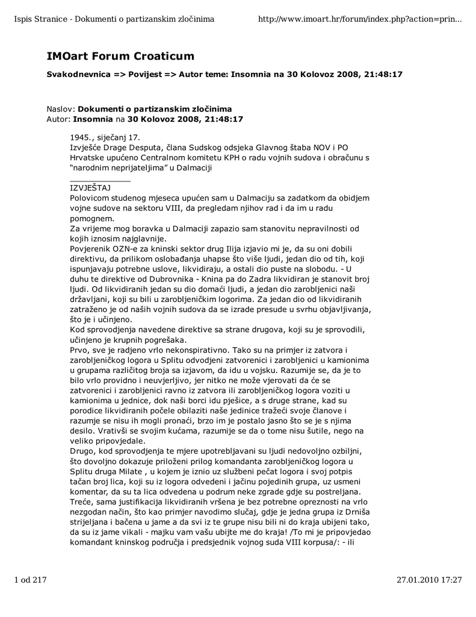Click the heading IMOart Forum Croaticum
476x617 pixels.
[120, 56]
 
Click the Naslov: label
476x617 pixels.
[61, 109]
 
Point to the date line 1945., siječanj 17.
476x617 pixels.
[105, 137]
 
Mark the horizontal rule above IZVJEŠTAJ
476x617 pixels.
[100, 181]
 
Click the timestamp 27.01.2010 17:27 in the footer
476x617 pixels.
[429, 580]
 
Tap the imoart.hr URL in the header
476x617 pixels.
[359, 20]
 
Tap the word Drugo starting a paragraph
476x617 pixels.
[84, 450]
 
